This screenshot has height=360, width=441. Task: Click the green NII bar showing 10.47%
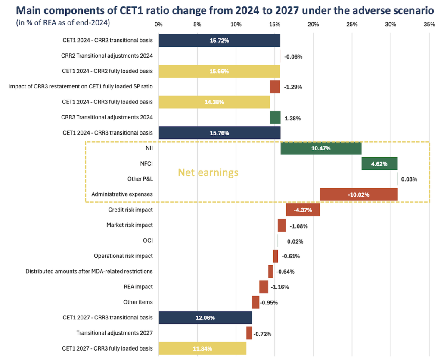(x=321, y=148)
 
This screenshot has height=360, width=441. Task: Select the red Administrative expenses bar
(x=358, y=194)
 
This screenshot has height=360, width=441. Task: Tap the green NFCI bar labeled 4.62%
(x=379, y=164)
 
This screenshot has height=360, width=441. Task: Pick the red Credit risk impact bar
(x=303, y=210)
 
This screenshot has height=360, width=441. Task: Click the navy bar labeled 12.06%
(x=205, y=318)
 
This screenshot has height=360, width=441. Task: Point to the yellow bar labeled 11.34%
(x=202, y=348)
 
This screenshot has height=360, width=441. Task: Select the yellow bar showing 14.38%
(x=214, y=102)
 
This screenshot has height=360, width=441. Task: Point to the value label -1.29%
(x=293, y=87)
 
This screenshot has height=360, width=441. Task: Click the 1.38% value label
(x=293, y=118)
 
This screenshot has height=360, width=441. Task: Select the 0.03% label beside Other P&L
(x=409, y=179)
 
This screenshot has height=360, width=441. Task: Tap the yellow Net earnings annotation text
(x=208, y=173)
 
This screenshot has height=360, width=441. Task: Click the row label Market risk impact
(x=129, y=225)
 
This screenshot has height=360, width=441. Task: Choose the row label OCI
(x=148, y=241)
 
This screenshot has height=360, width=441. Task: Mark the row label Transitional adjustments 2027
(x=114, y=333)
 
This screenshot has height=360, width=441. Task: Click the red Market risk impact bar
(x=282, y=225)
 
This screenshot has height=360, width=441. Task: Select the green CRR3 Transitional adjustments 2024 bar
(x=275, y=117)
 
